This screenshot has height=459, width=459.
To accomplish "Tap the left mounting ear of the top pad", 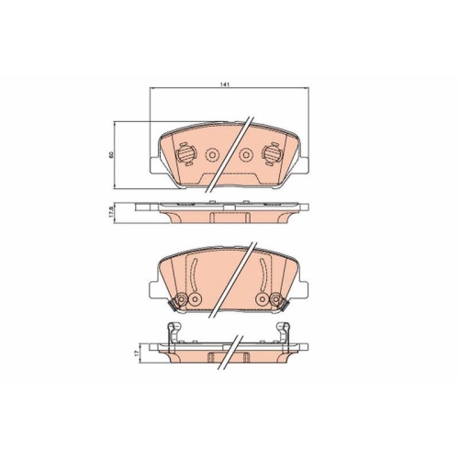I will pos(155,166).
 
